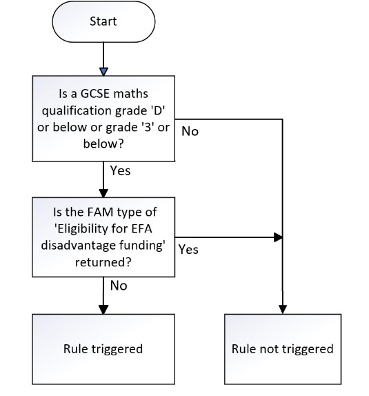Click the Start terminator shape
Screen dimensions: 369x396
click(103, 21)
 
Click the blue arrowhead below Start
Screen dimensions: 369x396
click(103, 72)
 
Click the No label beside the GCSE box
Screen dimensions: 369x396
click(190, 131)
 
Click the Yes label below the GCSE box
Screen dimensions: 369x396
click(120, 170)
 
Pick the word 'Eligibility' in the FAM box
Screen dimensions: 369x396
click(81, 229)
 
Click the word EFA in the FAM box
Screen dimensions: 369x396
click(141, 229)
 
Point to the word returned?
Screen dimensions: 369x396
click(103, 262)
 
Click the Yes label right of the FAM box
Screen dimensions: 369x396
click(188, 250)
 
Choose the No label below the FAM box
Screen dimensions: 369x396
click(119, 286)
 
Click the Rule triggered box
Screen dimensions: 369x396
click(103, 349)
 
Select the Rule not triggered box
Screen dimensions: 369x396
click(283, 349)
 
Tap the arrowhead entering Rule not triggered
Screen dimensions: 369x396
click(282, 310)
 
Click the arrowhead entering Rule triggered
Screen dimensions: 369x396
click(103, 310)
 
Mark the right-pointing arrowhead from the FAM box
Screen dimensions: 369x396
click(278, 237)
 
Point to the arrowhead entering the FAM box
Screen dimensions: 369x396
click(103, 193)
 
